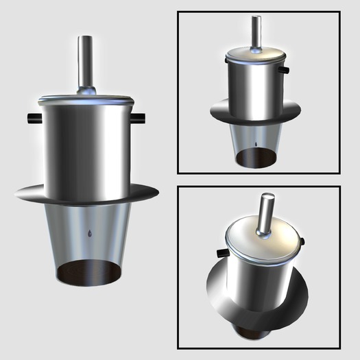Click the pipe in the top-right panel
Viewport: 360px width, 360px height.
click(256, 31)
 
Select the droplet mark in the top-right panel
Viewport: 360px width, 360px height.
click(255, 145)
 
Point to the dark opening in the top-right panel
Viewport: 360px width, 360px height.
click(255, 159)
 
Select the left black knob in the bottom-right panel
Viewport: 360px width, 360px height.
click(221, 254)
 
